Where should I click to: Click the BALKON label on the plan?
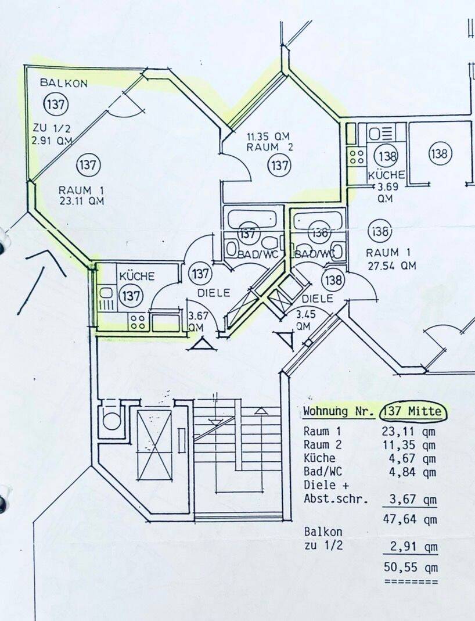tap(63, 83)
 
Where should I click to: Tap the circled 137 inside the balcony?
tap(56, 105)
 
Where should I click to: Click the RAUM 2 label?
tap(270, 148)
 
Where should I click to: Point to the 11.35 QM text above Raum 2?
tap(268, 137)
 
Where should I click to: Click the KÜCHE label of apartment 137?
tap(137, 277)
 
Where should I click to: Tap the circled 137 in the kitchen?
tap(131, 296)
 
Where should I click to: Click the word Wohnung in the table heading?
tap(328, 412)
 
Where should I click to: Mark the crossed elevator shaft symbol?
tap(154, 446)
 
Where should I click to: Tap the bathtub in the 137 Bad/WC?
tap(250, 218)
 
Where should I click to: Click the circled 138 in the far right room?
tap(440, 154)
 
